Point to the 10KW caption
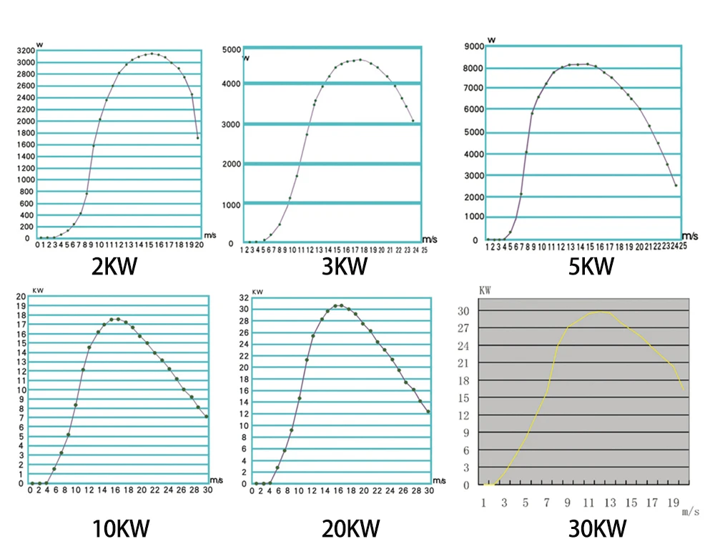(121, 529)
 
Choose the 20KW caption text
(350, 529)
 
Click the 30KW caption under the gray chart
(598, 528)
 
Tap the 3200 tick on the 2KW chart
(24, 51)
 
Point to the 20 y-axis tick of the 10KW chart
(21, 296)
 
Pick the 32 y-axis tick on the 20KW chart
(244, 297)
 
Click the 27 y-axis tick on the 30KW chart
(463, 328)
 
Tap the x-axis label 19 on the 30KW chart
(671, 503)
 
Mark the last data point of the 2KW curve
(197, 137)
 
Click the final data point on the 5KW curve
(676, 186)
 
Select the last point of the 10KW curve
(207, 416)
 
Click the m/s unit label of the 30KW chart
(690, 512)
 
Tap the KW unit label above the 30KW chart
(485, 292)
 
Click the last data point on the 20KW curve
(428, 412)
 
